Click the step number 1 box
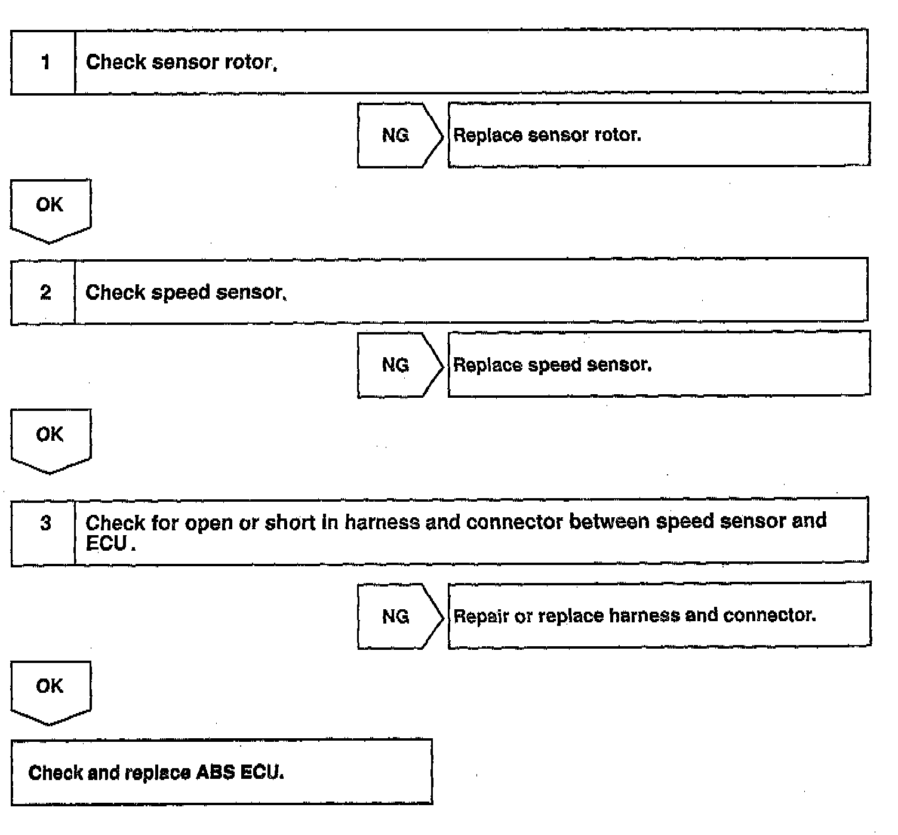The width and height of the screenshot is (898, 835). coord(44,62)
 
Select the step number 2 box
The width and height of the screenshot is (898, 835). coord(44,292)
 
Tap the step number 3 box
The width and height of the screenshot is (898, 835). coord(44,531)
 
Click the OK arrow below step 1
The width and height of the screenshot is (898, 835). coord(50,209)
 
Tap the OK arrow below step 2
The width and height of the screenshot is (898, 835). coord(50,439)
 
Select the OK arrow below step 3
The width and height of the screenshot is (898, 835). coord(50,690)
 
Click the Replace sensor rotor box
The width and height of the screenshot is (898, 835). coord(659,135)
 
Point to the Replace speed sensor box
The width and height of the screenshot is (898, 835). coord(659,364)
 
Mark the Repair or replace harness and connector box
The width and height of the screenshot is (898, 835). coord(659,615)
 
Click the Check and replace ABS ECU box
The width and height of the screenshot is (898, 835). coord(221,772)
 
